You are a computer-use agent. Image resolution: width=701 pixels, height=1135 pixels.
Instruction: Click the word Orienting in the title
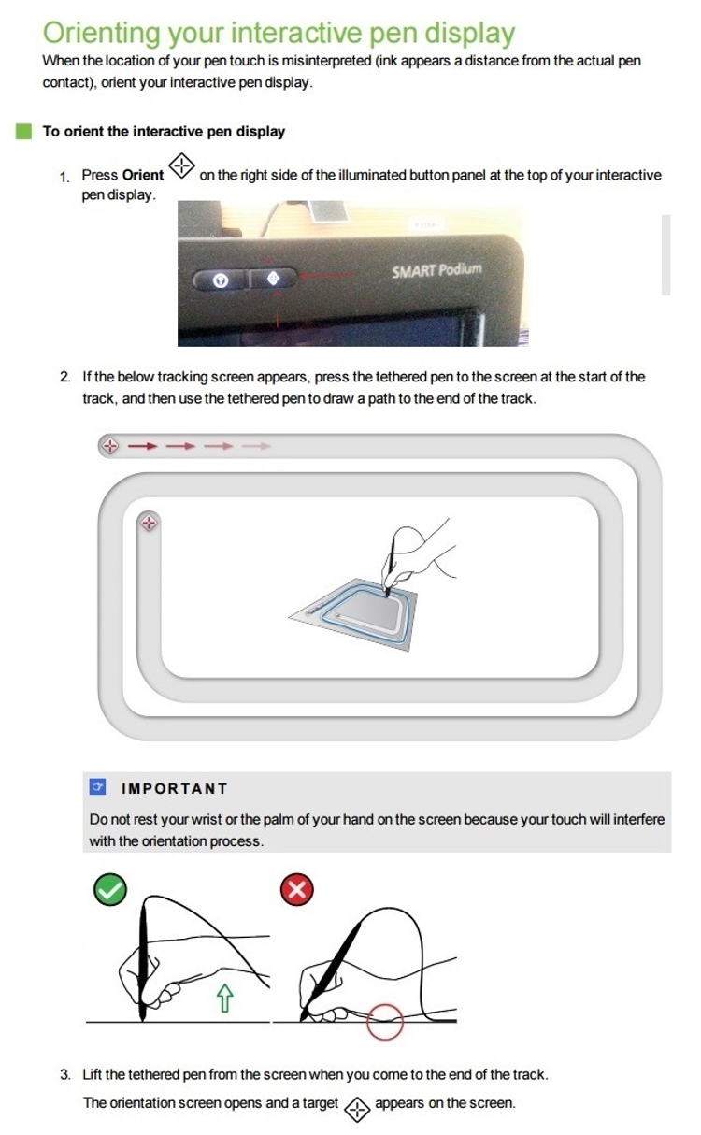click(102, 34)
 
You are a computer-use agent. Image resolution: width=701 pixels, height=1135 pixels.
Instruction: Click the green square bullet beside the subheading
click(23, 131)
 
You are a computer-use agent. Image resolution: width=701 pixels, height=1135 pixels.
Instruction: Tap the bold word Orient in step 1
click(143, 175)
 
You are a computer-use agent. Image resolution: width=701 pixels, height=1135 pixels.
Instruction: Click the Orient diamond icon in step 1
click(181, 165)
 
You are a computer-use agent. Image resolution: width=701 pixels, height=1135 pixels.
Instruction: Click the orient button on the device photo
click(274, 279)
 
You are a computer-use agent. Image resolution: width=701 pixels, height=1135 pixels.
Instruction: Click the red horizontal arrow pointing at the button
click(327, 275)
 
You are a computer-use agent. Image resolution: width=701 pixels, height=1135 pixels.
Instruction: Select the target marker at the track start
click(110, 446)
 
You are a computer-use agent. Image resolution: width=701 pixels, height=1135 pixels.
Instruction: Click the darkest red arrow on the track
click(142, 446)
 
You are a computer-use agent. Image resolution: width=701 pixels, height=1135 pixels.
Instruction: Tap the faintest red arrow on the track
click(256, 446)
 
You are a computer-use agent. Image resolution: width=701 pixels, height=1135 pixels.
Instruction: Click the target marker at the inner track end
click(149, 523)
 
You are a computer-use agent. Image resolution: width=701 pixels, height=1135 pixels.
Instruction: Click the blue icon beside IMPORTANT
click(97, 786)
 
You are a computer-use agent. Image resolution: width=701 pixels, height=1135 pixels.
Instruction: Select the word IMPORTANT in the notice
click(174, 788)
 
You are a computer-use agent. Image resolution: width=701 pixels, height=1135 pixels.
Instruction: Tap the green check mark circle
click(110, 889)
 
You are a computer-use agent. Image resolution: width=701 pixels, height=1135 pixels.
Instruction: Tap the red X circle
click(297, 889)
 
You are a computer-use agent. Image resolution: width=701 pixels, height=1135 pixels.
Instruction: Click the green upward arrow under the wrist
click(225, 998)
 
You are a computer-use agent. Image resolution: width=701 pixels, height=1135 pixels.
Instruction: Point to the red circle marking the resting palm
click(385, 1022)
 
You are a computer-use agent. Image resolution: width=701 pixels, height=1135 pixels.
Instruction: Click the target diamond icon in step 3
click(357, 1110)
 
